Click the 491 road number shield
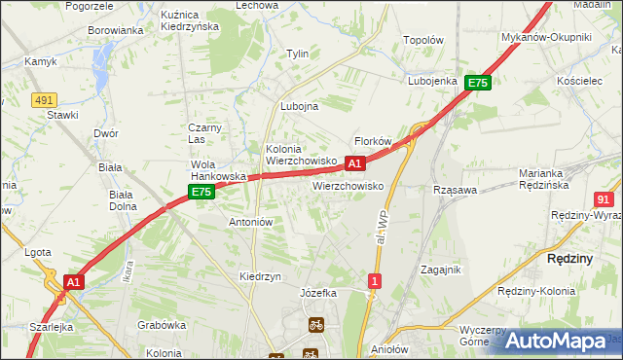click(43, 99)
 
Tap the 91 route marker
click(603, 198)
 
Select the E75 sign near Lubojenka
click(477, 84)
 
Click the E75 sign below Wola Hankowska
click(201, 193)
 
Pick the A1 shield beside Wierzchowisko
click(356, 163)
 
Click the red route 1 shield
click(374, 281)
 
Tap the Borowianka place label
click(116, 30)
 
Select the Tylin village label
click(297, 54)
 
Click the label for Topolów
click(423, 41)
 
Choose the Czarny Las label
click(206, 132)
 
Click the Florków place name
click(373, 141)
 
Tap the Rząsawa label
click(455, 191)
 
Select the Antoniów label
click(249, 222)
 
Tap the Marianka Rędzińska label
click(550, 179)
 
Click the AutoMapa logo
click(555, 341)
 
